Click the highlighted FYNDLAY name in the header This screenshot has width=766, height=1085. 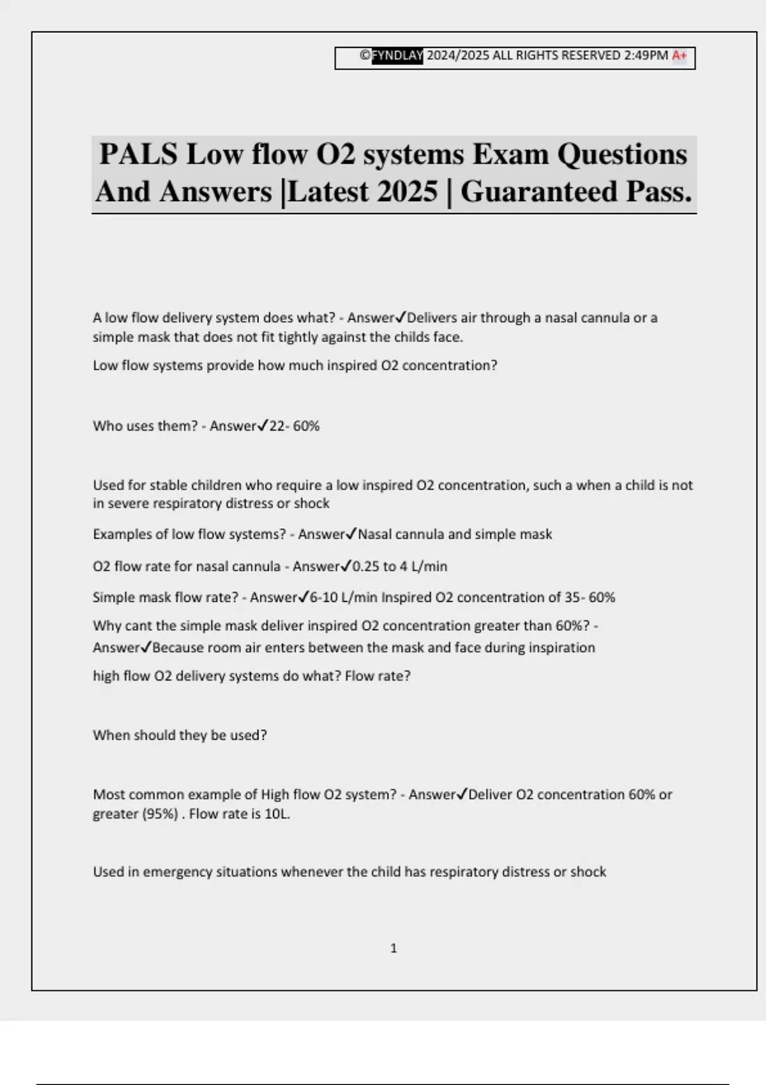coord(397,56)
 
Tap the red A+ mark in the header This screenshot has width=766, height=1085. coord(680,56)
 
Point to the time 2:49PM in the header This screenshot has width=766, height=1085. coord(646,56)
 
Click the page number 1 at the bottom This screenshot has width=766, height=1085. coord(393,948)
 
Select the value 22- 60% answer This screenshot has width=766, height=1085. coord(294,426)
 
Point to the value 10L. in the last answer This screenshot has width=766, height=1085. coord(277,814)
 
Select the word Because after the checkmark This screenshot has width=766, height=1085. coord(181,648)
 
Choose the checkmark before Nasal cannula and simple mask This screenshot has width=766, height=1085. coord(351,534)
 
